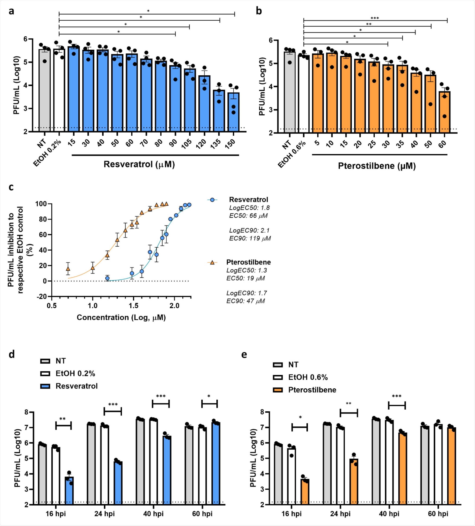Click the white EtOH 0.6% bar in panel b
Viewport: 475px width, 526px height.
pos(304,94)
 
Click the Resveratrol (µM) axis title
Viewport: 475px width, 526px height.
pos(139,164)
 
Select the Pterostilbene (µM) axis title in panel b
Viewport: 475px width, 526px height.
pos(377,166)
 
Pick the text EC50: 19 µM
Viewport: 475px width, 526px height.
pos(245,278)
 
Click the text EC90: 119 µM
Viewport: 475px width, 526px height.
pos(250,238)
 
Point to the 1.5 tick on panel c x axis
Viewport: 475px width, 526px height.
pos(133,306)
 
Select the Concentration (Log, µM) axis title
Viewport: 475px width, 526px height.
pos(121,317)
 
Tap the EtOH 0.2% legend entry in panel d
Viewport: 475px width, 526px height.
pos(75,373)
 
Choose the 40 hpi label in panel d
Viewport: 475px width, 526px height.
pos(153,513)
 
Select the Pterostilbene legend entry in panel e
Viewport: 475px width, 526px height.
pos(312,390)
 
